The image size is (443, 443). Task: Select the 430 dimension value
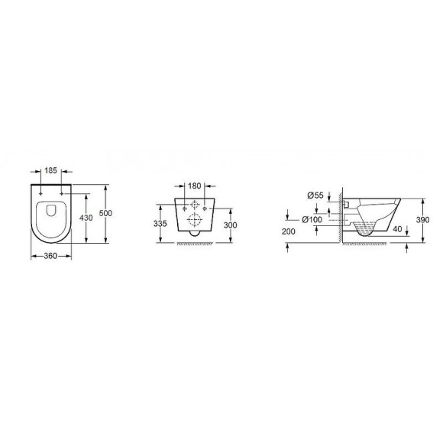tap(87, 217)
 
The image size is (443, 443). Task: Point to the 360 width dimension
tap(51, 255)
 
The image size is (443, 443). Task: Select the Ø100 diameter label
tap(312, 219)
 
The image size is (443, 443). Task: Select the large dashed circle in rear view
tap(196, 221)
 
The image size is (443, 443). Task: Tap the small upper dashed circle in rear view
tap(196, 205)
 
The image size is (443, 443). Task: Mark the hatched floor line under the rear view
tap(196, 244)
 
